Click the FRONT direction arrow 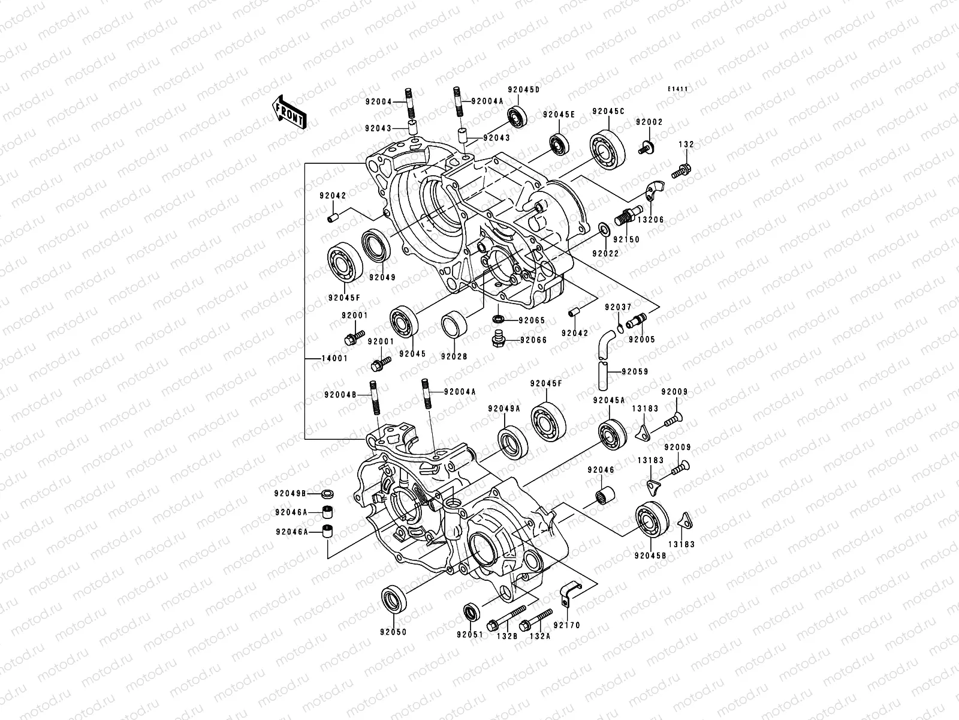[x=291, y=112]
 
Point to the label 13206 [x=652, y=220]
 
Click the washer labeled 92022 [x=605, y=229]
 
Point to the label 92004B [x=340, y=395]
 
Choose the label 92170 [x=567, y=625]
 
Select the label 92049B [x=291, y=493]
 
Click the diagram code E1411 [x=678, y=89]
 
